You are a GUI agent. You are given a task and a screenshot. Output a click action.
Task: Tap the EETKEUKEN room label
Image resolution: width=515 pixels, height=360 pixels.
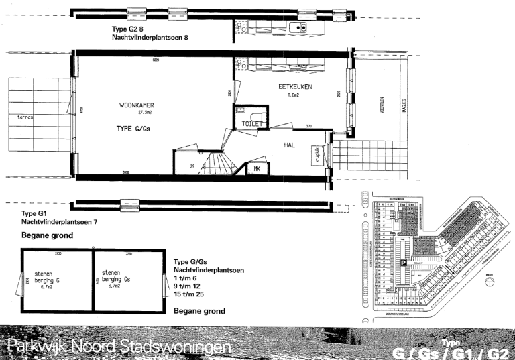[x=295, y=87]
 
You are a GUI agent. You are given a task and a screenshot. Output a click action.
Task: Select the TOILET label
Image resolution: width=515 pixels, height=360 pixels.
[x=252, y=124]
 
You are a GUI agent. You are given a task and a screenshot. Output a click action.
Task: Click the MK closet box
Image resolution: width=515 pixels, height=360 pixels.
[x=257, y=168]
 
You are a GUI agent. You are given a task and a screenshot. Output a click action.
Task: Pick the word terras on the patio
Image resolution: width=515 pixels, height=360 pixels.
[x=25, y=117]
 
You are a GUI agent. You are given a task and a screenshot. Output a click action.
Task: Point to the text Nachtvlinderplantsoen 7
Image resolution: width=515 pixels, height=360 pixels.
[x=59, y=221]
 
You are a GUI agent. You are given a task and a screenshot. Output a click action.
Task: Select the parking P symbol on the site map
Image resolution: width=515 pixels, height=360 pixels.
[x=404, y=263]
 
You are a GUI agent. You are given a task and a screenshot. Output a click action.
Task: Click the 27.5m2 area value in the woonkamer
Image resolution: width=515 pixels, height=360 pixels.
[x=138, y=113]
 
